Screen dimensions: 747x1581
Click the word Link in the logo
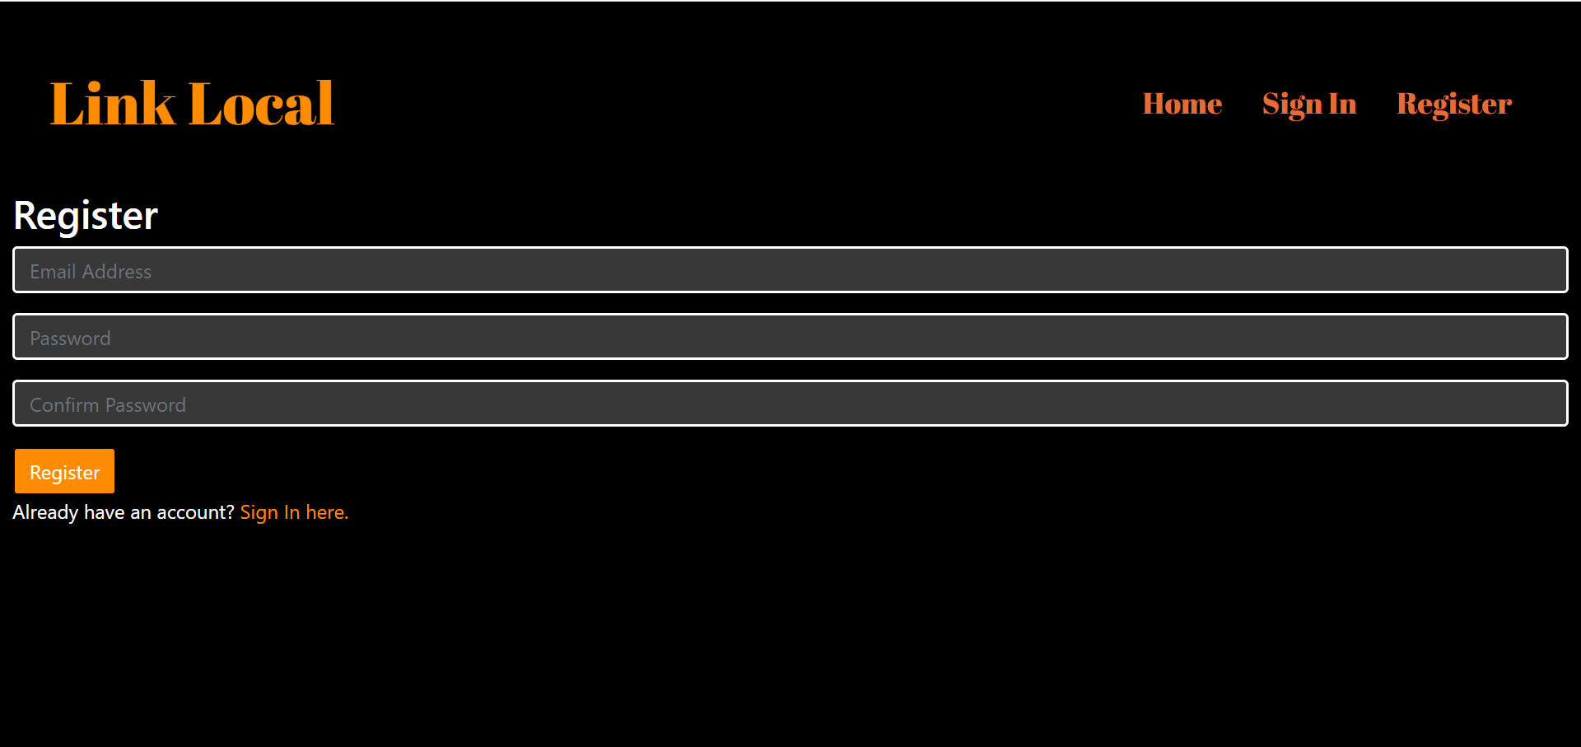(113, 105)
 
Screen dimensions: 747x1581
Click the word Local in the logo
(261, 105)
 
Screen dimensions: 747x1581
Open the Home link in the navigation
(1182, 104)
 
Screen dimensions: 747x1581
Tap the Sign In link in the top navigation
(1308, 104)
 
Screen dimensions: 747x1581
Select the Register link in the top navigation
(1453, 104)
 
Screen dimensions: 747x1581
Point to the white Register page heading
(86, 216)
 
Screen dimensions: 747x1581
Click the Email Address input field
(790, 270)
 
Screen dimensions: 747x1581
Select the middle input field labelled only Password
(790, 337)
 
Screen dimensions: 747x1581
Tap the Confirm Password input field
(790, 404)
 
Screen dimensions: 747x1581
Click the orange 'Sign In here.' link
(294, 512)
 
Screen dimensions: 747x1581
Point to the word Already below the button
(45, 512)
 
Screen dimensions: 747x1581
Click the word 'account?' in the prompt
(195, 512)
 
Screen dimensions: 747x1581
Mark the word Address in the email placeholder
(116, 272)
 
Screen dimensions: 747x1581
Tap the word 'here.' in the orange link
(327, 512)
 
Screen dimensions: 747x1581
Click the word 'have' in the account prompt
(104, 512)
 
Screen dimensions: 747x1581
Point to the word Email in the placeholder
(53, 272)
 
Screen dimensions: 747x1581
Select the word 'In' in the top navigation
(1342, 104)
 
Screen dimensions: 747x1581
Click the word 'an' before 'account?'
(141, 512)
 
